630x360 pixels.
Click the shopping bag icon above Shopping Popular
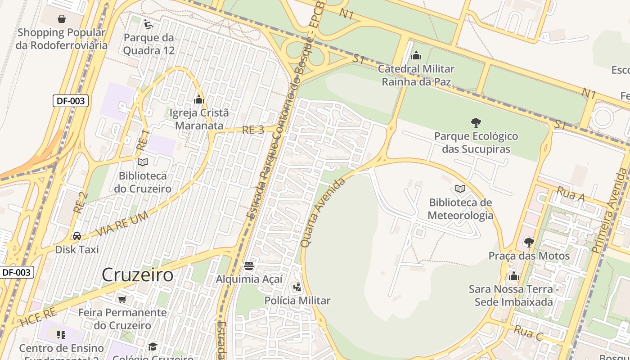click(62, 19)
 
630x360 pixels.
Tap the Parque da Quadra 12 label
click(148, 44)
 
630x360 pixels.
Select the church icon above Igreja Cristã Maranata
click(199, 99)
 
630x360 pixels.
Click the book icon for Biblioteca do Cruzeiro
click(143, 162)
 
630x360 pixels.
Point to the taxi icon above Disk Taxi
click(77, 236)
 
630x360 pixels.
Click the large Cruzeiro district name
click(137, 274)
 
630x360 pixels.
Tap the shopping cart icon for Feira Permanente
click(122, 299)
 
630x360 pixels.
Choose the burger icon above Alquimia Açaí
click(249, 265)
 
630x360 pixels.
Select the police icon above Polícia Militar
click(297, 287)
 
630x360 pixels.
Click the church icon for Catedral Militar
click(416, 55)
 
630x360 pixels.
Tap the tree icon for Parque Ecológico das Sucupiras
click(476, 122)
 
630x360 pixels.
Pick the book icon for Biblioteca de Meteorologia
click(460, 189)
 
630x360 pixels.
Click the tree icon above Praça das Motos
click(529, 243)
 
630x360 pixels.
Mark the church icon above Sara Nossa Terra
click(513, 275)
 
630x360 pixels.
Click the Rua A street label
click(570, 194)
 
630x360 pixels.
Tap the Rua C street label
click(528, 333)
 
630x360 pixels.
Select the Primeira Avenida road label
click(610, 211)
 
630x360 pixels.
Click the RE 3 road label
click(253, 130)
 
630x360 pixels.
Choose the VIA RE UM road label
click(122, 224)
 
